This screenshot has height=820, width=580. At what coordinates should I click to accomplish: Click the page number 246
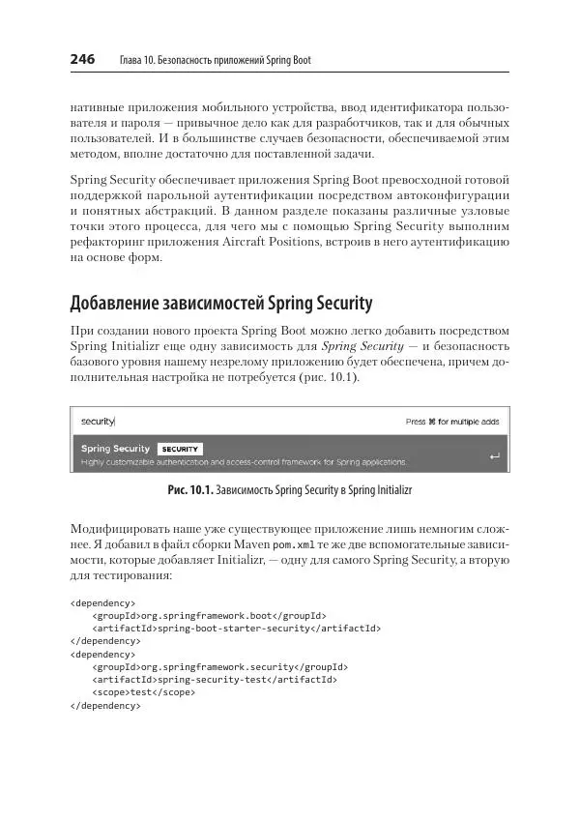click(82, 60)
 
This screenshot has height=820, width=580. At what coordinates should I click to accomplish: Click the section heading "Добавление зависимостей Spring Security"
click(220, 304)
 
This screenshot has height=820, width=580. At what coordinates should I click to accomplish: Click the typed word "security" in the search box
click(98, 422)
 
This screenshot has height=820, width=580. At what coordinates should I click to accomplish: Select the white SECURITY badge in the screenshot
click(180, 449)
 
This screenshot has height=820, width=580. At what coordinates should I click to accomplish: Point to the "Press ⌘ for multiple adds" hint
click(452, 422)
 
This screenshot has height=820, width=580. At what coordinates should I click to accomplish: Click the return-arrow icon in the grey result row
click(495, 455)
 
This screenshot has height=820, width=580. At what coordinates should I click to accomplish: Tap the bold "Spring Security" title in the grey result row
click(115, 449)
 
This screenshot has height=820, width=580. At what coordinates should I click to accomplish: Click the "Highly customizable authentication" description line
click(242, 462)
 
